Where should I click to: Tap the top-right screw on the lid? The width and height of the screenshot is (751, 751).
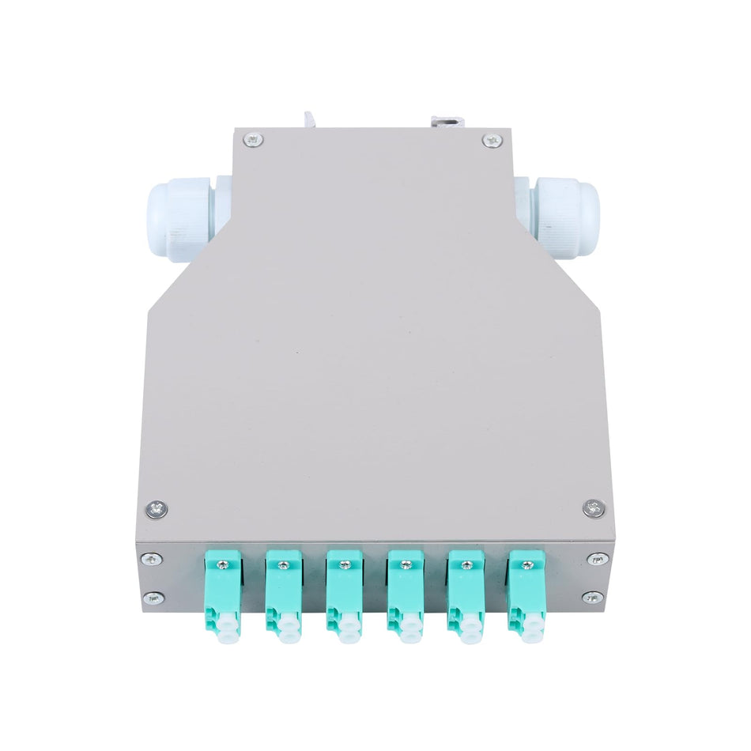click(492, 141)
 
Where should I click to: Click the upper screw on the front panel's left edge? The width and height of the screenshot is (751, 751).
click(156, 560)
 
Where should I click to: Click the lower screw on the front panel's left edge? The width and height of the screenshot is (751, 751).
click(156, 598)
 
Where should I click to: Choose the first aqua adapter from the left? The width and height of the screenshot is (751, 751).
click(223, 593)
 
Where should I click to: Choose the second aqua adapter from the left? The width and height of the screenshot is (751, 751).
click(283, 593)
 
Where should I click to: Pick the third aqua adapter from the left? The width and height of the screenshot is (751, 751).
click(344, 593)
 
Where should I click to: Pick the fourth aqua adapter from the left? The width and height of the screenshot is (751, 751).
click(405, 593)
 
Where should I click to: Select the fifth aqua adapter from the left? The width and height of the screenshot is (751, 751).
click(466, 593)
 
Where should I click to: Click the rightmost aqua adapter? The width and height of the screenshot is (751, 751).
click(525, 593)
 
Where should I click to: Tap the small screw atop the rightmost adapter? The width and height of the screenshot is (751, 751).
click(526, 564)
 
